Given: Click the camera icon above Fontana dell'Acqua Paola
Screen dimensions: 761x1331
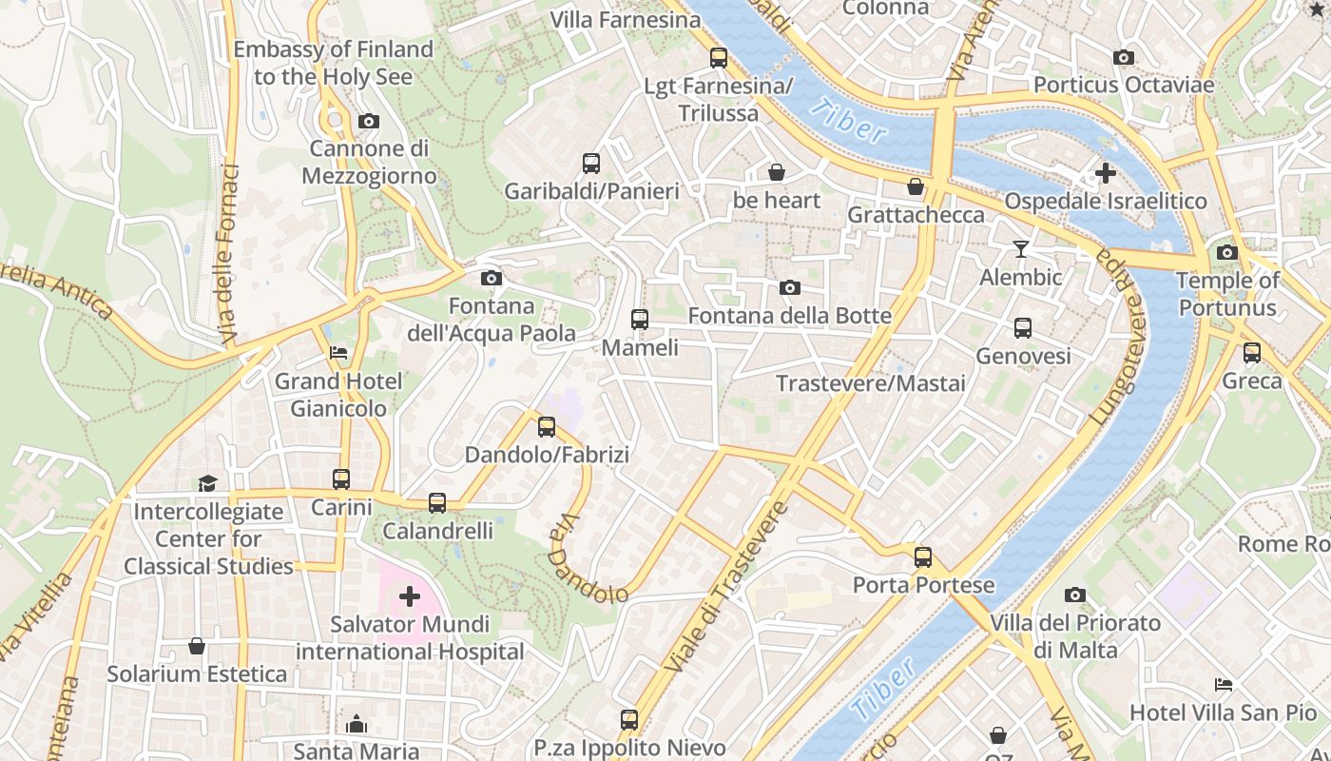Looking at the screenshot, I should coord(492,278).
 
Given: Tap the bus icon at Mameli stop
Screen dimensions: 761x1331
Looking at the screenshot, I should coord(640,320).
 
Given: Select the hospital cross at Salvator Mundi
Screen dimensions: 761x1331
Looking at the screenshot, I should coord(410,596).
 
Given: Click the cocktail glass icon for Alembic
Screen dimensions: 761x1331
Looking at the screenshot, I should coord(1021,249).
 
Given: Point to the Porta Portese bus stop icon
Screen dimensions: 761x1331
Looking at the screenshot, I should coord(923,557).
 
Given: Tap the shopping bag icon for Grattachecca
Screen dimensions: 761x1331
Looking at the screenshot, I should coord(916,186).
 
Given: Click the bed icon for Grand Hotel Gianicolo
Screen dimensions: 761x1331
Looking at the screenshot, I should coord(338,353).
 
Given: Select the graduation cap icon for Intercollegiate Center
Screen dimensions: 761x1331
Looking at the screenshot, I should coord(208,483).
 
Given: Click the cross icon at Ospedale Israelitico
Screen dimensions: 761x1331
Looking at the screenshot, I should coord(1105,173).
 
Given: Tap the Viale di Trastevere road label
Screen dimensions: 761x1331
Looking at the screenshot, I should coord(727,587).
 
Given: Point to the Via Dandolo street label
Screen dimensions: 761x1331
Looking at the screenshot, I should coord(588,561).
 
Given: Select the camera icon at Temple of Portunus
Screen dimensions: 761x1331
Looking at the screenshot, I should coord(1227,252).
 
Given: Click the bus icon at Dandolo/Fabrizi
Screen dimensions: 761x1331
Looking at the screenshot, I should coord(547,427).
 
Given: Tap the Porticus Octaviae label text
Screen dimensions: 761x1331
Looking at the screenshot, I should coord(1124,85).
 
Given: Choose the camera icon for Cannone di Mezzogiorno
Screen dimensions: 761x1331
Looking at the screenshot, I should coord(368,121).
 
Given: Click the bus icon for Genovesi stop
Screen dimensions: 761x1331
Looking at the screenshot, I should coord(1023,328).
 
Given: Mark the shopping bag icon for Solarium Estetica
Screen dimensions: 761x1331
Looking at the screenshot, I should coord(197,646).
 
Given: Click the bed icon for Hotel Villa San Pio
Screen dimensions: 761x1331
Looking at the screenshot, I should coord(1224,684).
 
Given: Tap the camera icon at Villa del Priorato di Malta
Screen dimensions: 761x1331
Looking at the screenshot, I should coord(1075,595).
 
